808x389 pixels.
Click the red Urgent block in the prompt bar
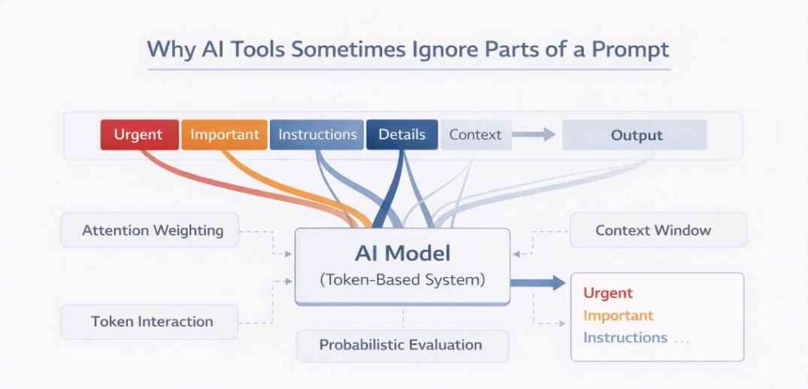[138, 135]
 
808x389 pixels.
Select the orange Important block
[224, 135]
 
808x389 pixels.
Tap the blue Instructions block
[316, 135]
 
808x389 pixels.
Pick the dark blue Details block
[402, 135]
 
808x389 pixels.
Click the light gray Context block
[474, 135]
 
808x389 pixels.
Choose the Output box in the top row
[635, 135]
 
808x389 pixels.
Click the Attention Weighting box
[151, 231]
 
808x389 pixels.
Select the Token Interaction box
[151, 322]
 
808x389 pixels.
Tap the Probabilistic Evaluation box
[400, 345]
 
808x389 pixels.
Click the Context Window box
[653, 230]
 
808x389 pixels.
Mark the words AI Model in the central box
[402, 253]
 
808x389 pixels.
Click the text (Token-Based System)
[402, 279]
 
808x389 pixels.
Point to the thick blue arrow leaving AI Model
[537, 282]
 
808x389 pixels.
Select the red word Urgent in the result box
[608, 294]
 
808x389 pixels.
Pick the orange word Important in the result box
[618, 316]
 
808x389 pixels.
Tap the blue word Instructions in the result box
[625, 338]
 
